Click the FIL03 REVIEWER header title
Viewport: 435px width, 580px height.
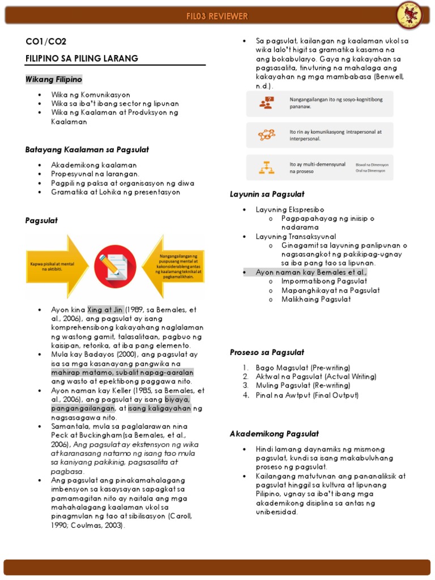coord(217,16)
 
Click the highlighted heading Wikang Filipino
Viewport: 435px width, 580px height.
coord(54,79)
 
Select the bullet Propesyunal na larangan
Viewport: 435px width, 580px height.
coord(95,174)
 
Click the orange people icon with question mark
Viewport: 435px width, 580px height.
coord(266,103)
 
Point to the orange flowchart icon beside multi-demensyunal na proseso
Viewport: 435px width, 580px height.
coord(266,167)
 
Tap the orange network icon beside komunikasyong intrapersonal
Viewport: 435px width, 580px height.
coord(266,135)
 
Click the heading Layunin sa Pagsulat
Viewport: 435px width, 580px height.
coord(267,194)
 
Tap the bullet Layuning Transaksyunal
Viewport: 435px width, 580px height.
coord(296,236)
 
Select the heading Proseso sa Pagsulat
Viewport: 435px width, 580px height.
coord(267,352)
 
